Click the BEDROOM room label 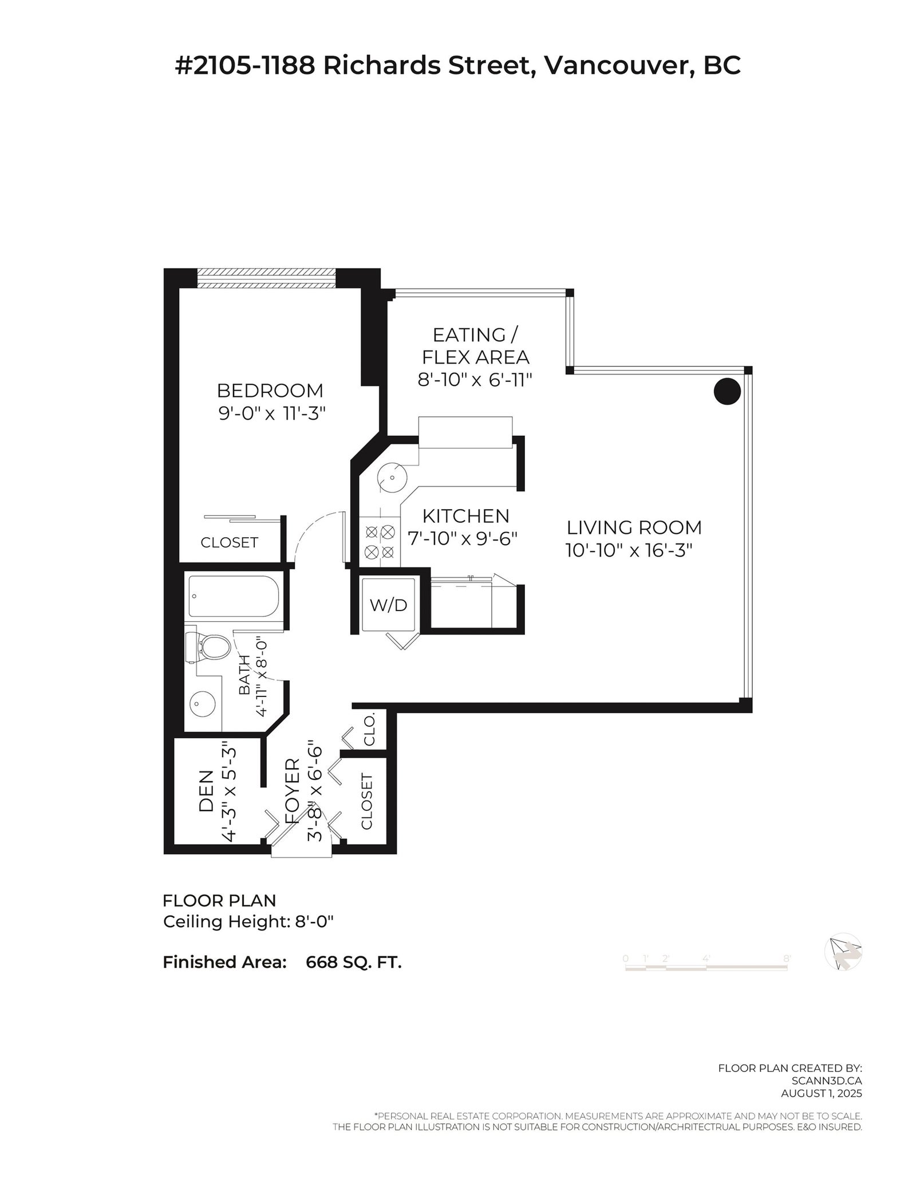(x=270, y=391)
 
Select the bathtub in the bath (x=234, y=596)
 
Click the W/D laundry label (x=388, y=605)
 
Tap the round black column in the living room (x=727, y=392)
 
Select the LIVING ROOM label (x=634, y=527)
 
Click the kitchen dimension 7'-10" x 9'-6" (x=463, y=539)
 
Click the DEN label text (x=206, y=790)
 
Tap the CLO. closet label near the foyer (x=369, y=729)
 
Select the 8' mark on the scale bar (x=787, y=958)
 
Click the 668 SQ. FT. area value (x=354, y=962)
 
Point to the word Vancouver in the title (x=613, y=66)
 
